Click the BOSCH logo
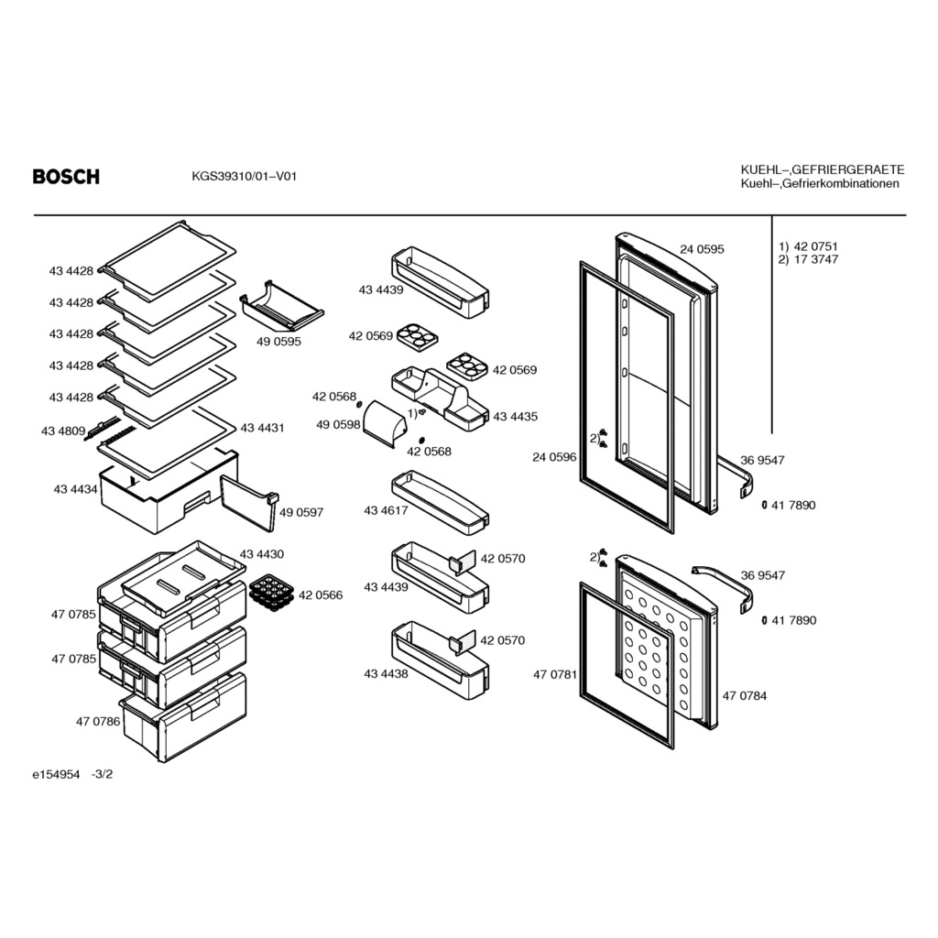(66, 177)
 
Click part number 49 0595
(278, 341)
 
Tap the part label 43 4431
(262, 428)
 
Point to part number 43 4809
(63, 431)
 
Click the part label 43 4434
(75, 491)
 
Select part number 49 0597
(301, 512)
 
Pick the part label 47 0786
(97, 722)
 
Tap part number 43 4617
(386, 510)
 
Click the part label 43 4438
(386, 673)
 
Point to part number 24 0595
(702, 249)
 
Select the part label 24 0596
(554, 456)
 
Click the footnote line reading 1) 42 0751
(808, 246)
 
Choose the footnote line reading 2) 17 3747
(808, 259)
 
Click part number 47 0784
(745, 696)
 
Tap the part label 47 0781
(554, 674)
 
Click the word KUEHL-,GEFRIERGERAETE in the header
(822, 169)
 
